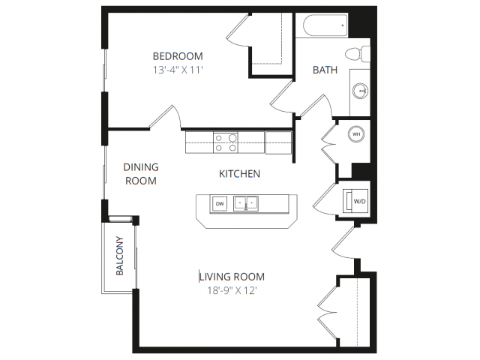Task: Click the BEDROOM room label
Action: [x=178, y=56]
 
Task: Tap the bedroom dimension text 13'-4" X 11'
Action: [x=178, y=70]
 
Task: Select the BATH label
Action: [x=325, y=70]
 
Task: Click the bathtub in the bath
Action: [x=325, y=25]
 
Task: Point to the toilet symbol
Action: [x=358, y=54]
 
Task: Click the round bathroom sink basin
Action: [x=360, y=91]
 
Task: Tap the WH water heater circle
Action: [x=356, y=134]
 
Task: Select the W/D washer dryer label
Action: [x=359, y=202]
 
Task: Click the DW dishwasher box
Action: [x=220, y=203]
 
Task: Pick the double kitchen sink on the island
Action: [x=246, y=203]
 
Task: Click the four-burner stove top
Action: [x=226, y=142]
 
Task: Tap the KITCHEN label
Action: [x=239, y=174]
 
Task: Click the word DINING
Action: [x=141, y=167]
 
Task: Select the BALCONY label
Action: [x=119, y=256]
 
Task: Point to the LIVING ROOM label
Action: [x=232, y=277]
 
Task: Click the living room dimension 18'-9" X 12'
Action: [x=232, y=290]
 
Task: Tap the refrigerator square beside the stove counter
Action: [x=278, y=142]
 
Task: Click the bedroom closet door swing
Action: [x=238, y=31]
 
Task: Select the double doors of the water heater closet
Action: [x=329, y=143]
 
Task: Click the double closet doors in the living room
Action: [x=328, y=313]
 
